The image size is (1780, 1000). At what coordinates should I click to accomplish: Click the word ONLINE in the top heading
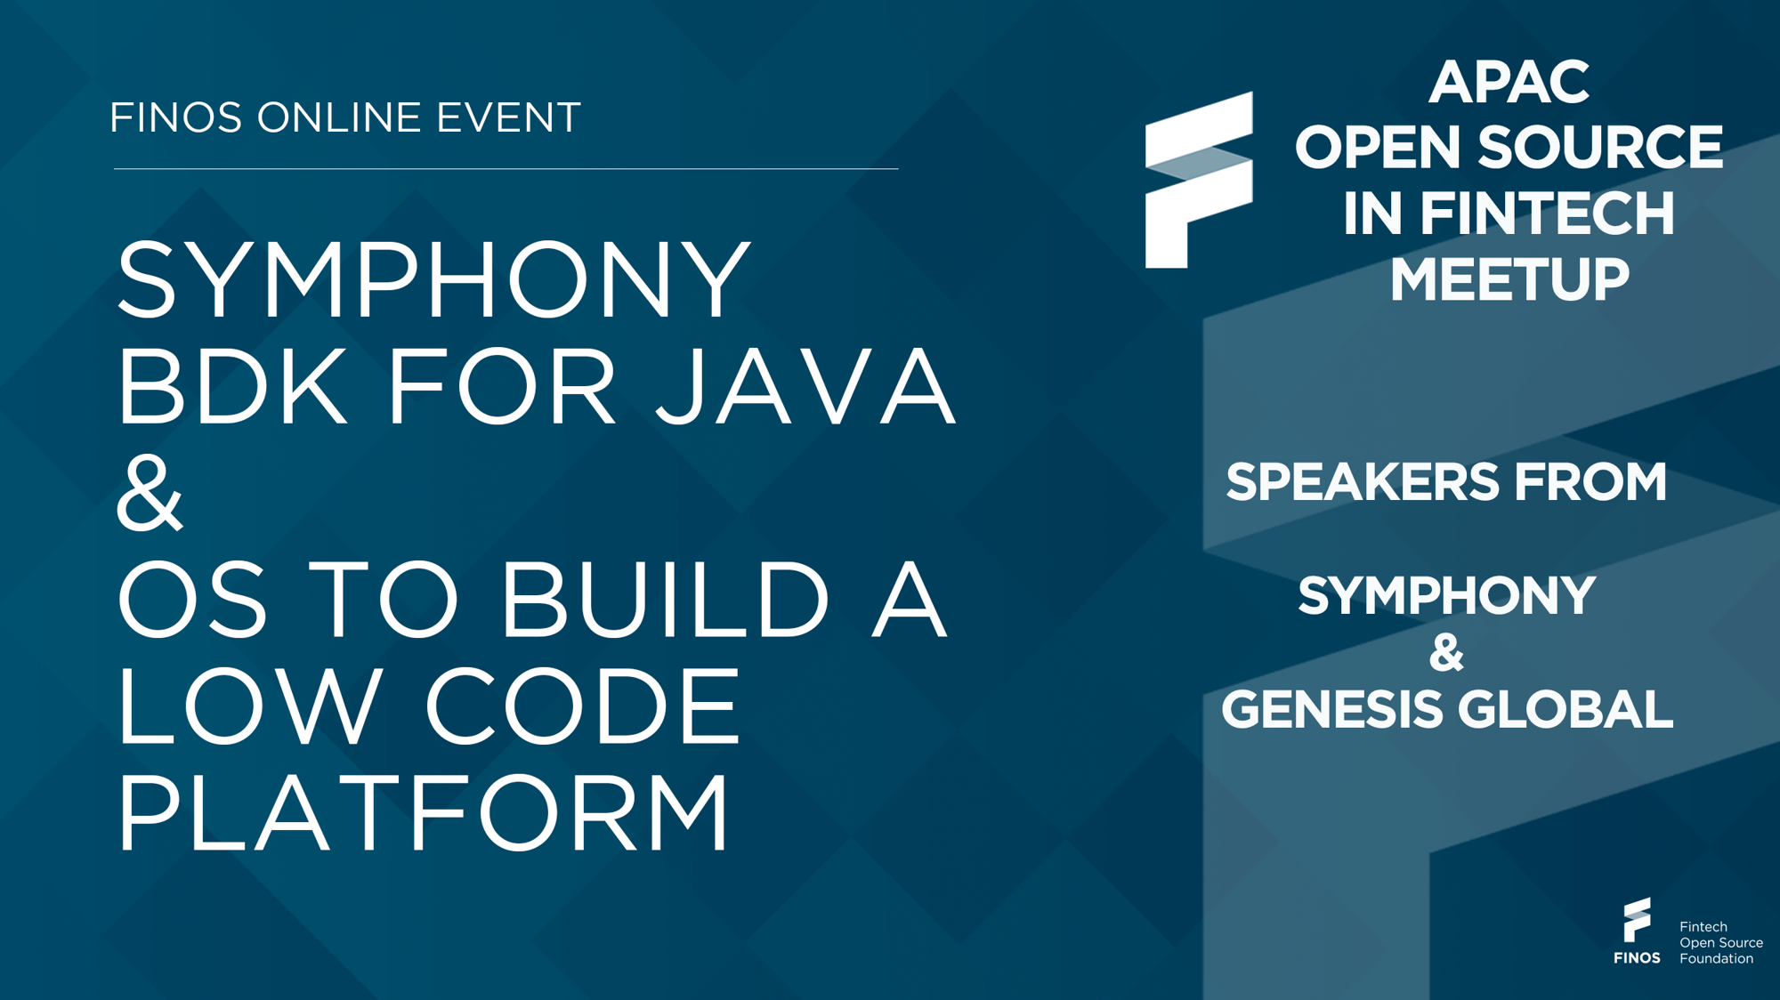click(x=339, y=117)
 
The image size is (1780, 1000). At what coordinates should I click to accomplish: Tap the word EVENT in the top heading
click(x=508, y=117)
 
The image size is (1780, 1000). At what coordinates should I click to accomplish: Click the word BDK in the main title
click(x=232, y=386)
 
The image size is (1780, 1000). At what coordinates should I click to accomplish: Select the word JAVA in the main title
click(x=805, y=387)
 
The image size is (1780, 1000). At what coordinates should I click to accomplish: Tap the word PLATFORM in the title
click(x=424, y=812)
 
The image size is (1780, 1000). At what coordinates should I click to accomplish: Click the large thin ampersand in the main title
click(x=150, y=493)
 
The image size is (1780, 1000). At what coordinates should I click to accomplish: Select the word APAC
click(x=1509, y=82)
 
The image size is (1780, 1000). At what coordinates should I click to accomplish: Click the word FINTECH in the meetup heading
click(x=1547, y=214)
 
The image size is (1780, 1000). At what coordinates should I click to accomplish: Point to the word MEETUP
click(x=1509, y=279)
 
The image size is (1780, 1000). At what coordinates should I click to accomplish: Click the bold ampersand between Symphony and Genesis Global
click(x=1447, y=653)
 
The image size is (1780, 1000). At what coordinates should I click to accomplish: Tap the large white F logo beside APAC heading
click(x=1199, y=181)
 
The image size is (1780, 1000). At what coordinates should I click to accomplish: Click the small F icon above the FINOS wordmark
click(x=1636, y=920)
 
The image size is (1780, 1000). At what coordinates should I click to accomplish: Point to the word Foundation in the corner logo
click(x=1716, y=959)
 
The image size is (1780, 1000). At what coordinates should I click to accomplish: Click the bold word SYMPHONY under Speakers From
click(x=1447, y=596)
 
